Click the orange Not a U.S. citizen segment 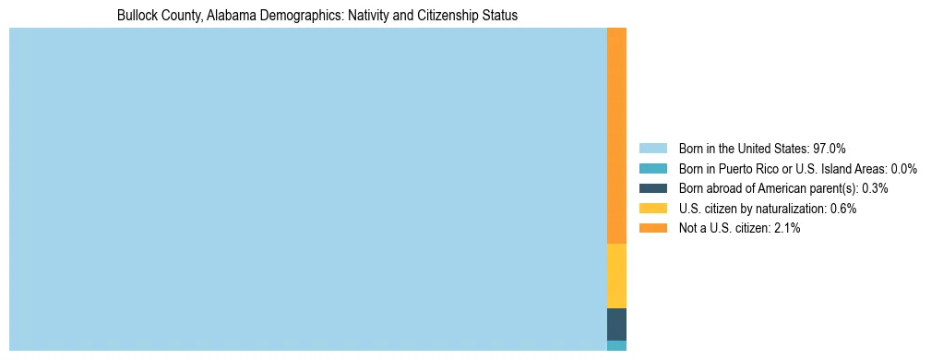[x=616, y=136]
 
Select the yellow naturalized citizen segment [x=616, y=275]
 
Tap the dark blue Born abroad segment [x=616, y=324]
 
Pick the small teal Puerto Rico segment [x=616, y=345]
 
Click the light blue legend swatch [x=652, y=149]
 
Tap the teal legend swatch [x=652, y=169]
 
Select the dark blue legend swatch [x=652, y=188]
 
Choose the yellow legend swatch [x=652, y=209]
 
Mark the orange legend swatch [x=652, y=228]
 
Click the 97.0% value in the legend [x=830, y=149]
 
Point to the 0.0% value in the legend [x=903, y=169]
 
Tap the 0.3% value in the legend [x=875, y=188]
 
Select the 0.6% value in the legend [x=843, y=209]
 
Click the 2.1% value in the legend [x=786, y=228]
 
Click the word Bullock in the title [x=137, y=16]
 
